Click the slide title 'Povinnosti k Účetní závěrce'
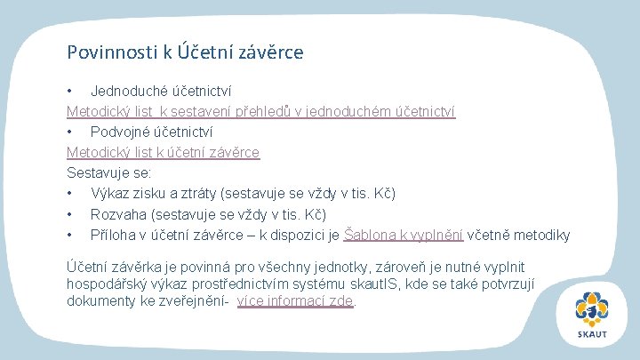coord(185,52)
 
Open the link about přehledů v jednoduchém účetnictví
coord(260,111)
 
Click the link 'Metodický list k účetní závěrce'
coord(164,152)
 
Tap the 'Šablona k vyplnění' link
coord(404,235)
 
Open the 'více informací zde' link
coord(295,300)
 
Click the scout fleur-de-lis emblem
coord(592,309)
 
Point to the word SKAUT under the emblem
coord(592,334)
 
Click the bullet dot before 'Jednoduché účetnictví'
coord(70,91)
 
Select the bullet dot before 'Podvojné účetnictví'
coord(70,132)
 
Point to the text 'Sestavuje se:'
coord(108,172)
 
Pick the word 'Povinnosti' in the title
coord(112,52)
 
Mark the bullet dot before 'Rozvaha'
coord(70,214)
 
